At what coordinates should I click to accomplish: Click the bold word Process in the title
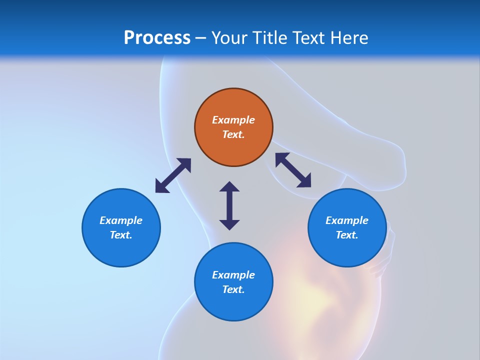click(157, 38)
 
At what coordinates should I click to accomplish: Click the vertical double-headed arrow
click(229, 205)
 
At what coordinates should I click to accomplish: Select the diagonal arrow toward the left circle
click(173, 175)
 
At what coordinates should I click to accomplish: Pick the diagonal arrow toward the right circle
click(293, 170)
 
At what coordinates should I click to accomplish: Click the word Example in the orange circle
click(233, 120)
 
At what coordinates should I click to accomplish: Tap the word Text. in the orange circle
click(233, 134)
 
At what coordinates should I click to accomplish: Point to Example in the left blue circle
click(121, 220)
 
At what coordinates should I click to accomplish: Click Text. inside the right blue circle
click(347, 235)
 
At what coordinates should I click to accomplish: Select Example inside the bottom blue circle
click(233, 275)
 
